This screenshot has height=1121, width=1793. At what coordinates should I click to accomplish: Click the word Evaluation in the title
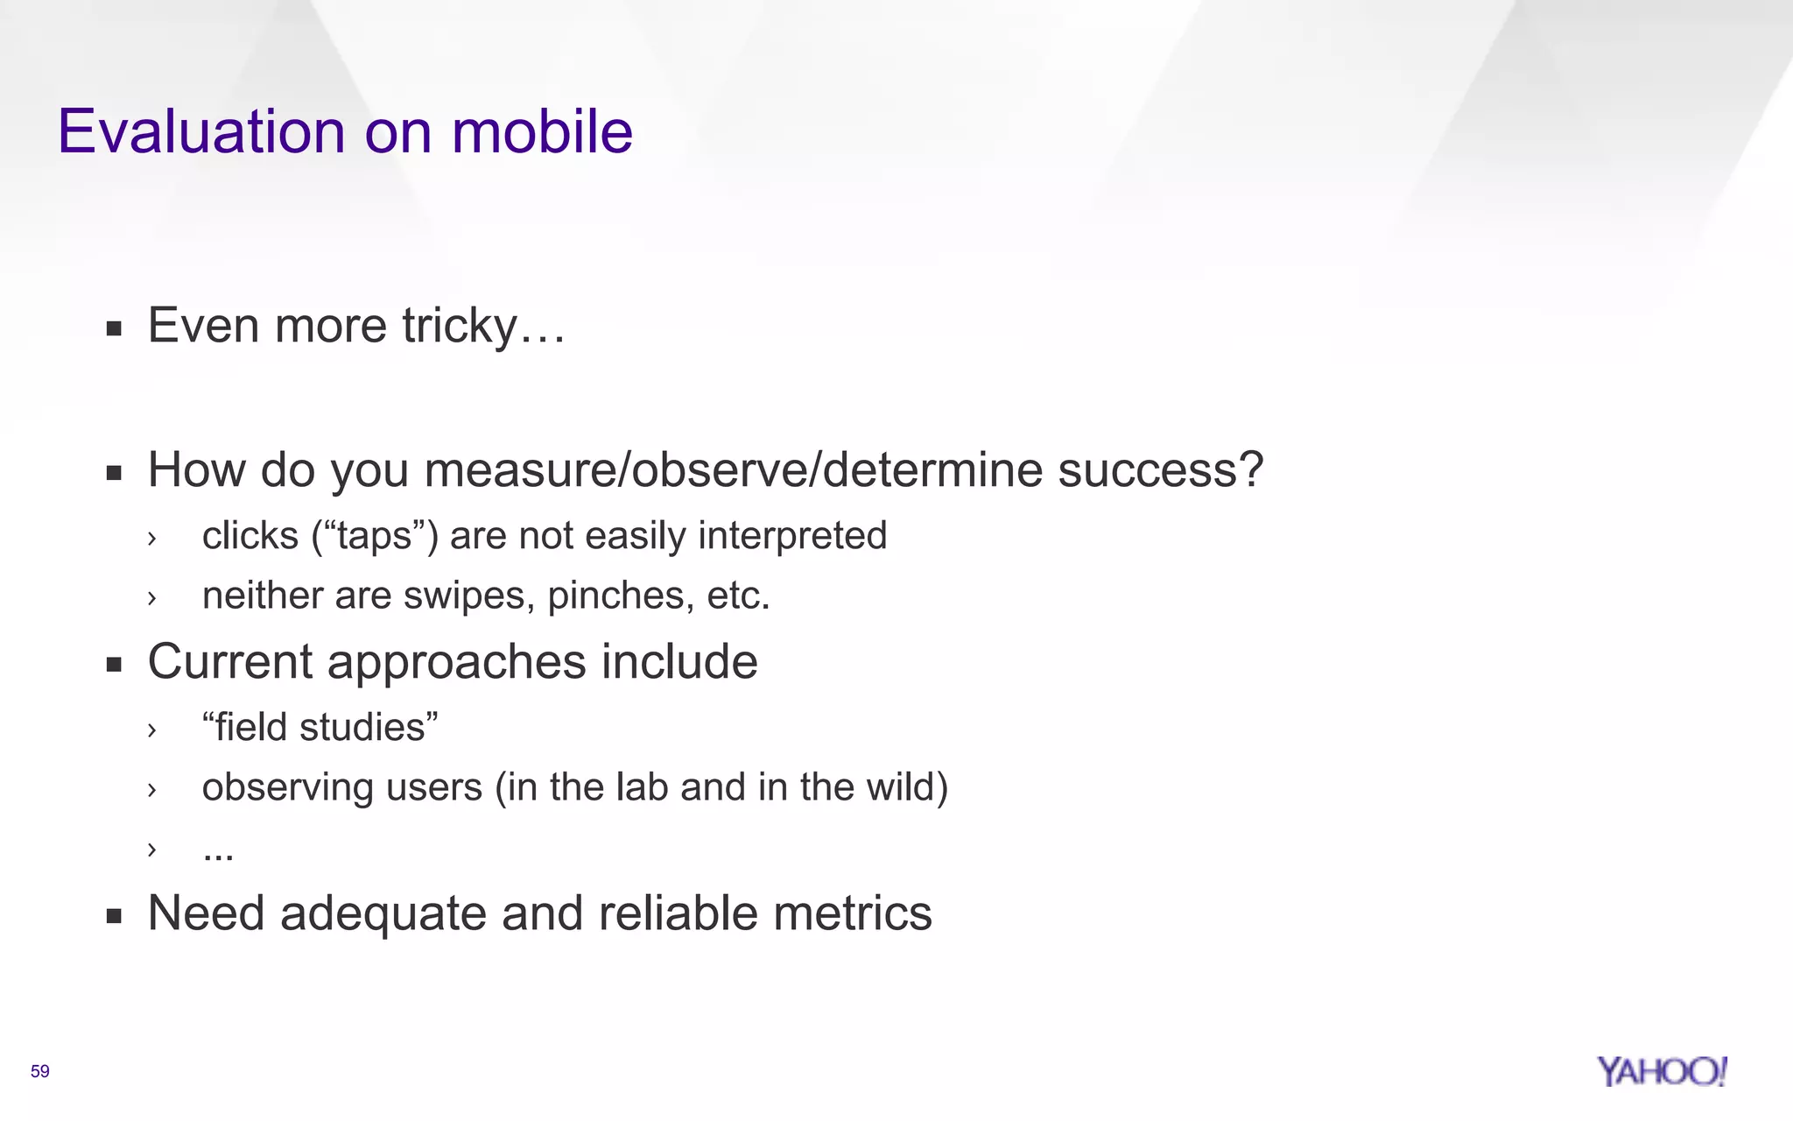pos(201,132)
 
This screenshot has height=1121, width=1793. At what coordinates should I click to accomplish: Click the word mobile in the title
pos(542,132)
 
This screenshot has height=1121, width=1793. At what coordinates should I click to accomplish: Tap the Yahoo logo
pos(1661,1071)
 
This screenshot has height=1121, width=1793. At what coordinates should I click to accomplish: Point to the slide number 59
pos(40,1071)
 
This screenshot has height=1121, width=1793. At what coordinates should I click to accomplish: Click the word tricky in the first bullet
pos(460,327)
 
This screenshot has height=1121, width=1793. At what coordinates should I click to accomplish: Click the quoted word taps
pos(375,536)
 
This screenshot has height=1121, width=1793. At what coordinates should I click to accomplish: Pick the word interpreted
pos(792,536)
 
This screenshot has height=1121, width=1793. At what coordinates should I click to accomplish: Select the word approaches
pos(456,662)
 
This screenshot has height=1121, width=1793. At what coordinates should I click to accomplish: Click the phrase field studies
pos(320,728)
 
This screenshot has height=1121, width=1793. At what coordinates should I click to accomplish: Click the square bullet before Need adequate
pos(114,917)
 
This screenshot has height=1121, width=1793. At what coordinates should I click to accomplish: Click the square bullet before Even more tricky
pos(114,329)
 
